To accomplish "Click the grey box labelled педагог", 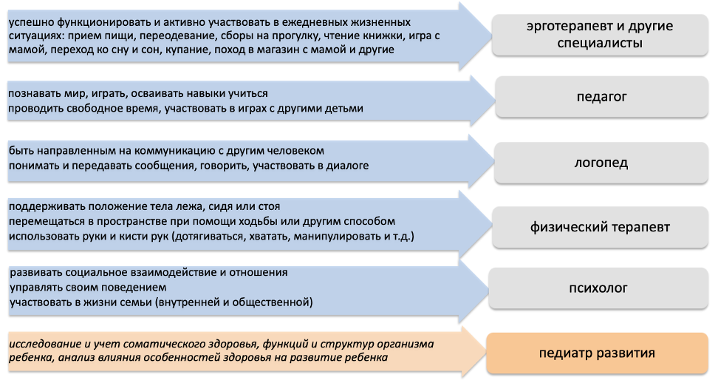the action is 601,97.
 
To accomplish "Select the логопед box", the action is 601,163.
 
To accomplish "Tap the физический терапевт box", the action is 600,227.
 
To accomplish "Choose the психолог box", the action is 598,288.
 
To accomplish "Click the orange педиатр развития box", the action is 597,353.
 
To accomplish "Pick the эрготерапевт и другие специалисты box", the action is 600,35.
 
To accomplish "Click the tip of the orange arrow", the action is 486,352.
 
